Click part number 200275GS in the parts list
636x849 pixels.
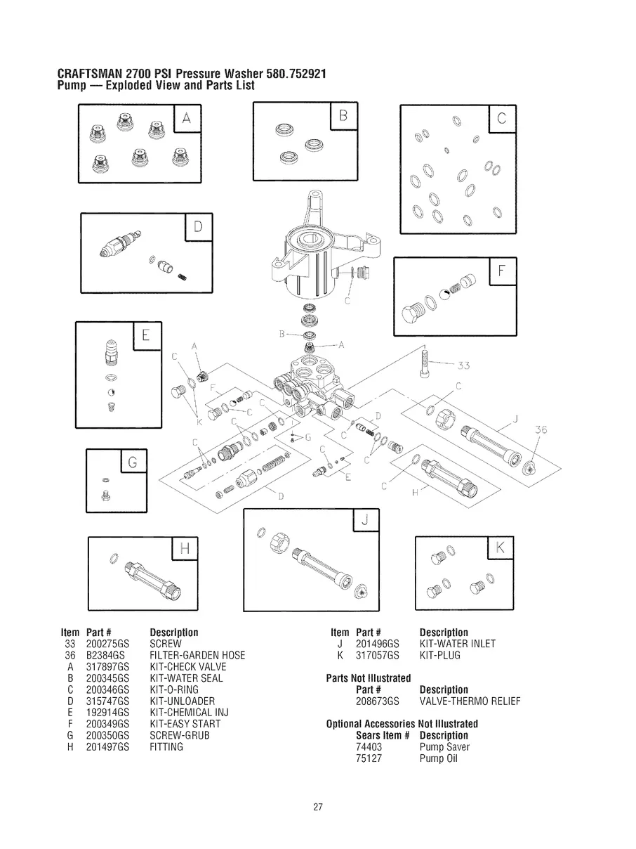107,644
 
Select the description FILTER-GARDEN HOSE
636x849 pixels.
197,655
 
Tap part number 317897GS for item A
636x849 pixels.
107,667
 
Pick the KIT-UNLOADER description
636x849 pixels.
183,701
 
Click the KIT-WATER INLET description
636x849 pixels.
457,644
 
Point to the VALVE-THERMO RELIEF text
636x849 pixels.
470,701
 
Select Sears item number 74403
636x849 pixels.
369,746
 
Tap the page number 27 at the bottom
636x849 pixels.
318,806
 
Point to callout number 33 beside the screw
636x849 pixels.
463,365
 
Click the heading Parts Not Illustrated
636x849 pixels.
369,678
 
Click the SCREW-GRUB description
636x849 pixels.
180,735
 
